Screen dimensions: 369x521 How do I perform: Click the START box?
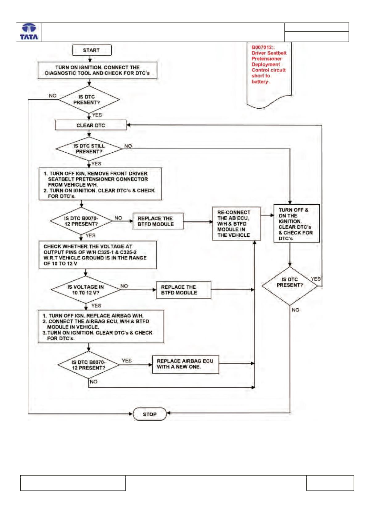pos(92,50)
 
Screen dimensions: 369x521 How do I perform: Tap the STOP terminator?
pos(150,414)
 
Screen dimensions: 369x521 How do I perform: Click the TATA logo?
pos(29,32)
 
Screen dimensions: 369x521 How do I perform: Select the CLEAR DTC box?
pos(91,125)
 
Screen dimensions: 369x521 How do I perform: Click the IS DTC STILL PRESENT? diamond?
pos(89,149)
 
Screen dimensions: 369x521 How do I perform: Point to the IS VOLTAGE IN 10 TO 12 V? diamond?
pos(86,290)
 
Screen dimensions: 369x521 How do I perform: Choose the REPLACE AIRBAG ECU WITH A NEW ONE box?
pos(186,364)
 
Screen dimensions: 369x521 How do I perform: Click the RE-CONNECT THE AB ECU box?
pos(236,223)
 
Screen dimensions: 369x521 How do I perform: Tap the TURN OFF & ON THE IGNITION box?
pos(296,223)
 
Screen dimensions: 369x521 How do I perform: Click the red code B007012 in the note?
pos(262,47)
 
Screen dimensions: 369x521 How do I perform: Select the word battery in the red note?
pos(260,82)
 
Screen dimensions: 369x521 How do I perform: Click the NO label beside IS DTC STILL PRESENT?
pos(128,146)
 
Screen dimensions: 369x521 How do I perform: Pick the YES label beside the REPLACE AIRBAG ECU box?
pos(127,360)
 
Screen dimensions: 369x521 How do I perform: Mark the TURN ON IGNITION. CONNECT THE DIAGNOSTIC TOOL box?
pos(97,70)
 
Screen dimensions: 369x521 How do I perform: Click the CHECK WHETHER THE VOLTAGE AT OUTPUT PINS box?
pos(98,255)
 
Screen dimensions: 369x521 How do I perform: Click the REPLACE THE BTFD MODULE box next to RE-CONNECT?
pos(158,221)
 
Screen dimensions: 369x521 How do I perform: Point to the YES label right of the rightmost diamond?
pos(316,279)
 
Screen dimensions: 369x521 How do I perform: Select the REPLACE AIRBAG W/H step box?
pos(101,327)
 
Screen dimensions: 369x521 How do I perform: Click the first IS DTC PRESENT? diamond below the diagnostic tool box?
pos(89,99)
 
